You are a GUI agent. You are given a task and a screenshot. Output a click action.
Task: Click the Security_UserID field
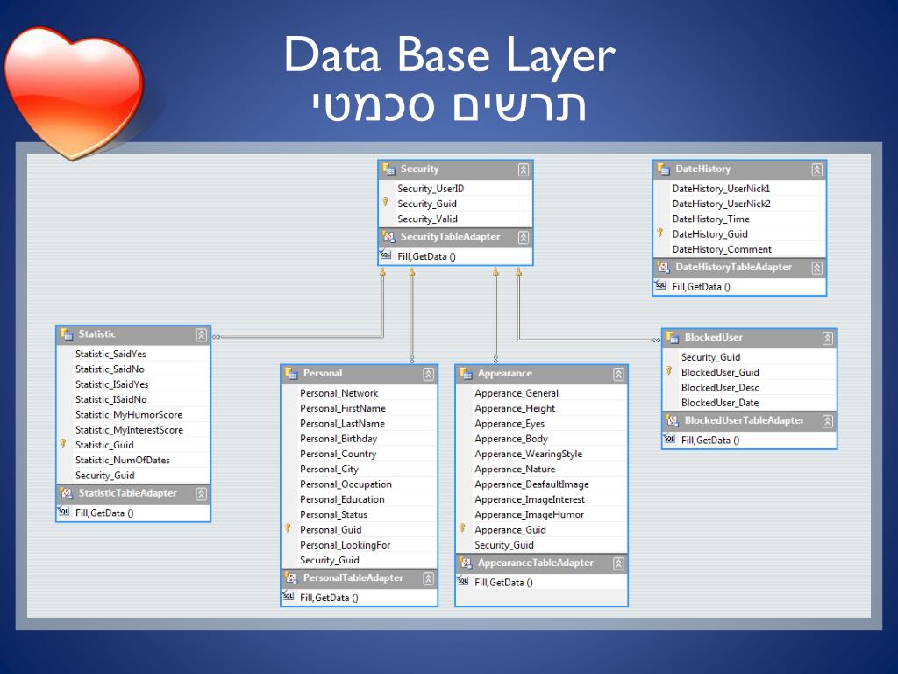tap(430, 189)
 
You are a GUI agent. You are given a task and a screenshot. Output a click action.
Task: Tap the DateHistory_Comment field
tap(722, 249)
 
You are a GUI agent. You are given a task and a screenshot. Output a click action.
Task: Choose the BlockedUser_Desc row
tap(720, 387)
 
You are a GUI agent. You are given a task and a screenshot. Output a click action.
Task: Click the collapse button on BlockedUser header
tap(827, 338)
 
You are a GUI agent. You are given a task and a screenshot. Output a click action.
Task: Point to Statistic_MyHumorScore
tap(128, 415)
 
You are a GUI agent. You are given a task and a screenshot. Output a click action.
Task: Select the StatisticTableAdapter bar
tap(127, 493)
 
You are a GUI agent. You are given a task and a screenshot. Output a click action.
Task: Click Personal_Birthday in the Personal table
tap(339, 439)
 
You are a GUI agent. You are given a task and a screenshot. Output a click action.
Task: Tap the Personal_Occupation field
tap(346, 484)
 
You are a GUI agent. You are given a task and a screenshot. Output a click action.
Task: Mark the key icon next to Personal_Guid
tap(287, 528)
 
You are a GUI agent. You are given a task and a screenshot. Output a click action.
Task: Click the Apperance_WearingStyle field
tap(528, 454)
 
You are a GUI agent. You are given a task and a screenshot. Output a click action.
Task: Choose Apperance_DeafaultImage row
tap(531, 484)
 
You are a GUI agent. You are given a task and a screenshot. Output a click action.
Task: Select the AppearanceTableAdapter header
tap(535, 563)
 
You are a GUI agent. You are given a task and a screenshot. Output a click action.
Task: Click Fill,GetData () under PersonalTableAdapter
tap(329, 598)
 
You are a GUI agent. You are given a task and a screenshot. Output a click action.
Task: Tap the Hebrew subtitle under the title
tap(449, 104)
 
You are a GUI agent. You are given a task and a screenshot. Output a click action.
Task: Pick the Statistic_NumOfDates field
tap(122, 460)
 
